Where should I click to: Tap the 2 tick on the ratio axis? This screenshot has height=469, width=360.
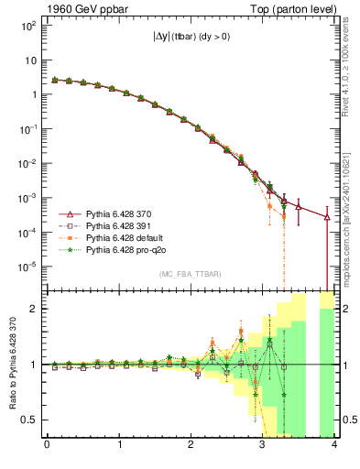tap(34, 309)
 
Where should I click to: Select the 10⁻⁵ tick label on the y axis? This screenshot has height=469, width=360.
tap(27, 267)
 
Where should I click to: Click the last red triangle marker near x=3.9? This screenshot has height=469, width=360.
tap(328, 217)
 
